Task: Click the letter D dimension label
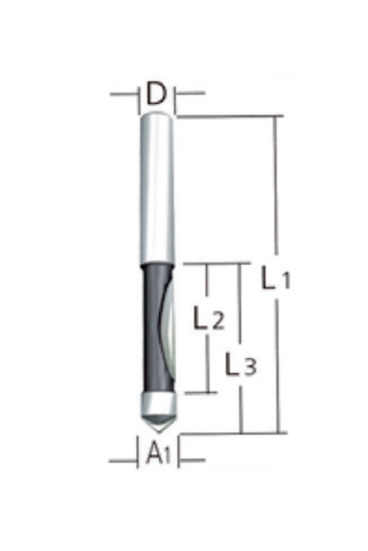(156, 94)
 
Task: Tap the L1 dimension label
(276, 277)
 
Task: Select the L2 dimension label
(209, 318)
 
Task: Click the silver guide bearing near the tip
(158, 404)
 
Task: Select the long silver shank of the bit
(157, 189)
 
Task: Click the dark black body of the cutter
(152, 329)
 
